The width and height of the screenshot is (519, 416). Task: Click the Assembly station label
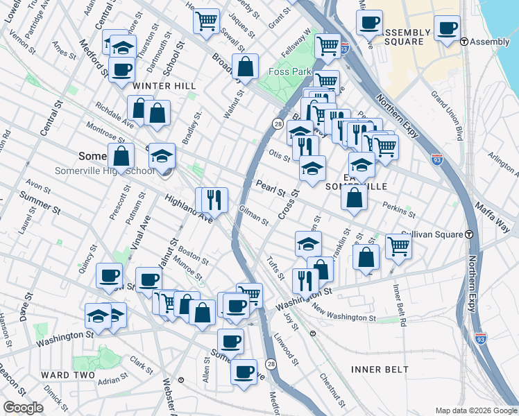(490, 42)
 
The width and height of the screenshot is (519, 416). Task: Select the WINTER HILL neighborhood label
(164, 85)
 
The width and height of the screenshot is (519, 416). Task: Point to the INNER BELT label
(380, 370)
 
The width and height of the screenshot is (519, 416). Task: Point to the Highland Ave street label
(188, 208)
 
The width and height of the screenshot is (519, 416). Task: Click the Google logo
(24, 408)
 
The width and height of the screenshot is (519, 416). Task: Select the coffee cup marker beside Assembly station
(447, 28)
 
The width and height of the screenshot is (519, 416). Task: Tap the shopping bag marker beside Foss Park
(246, 67)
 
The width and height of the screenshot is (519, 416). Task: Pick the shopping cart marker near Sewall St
(206, 20)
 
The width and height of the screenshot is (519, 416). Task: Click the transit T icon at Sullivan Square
(470, 234)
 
